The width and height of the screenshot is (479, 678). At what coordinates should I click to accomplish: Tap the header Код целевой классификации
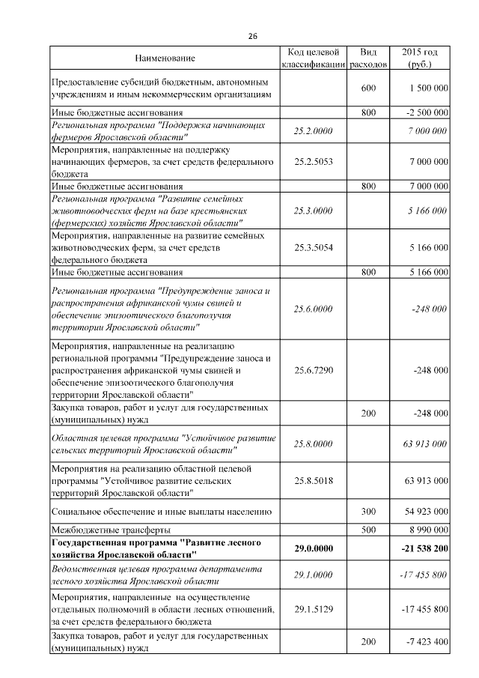[x=314, y=58]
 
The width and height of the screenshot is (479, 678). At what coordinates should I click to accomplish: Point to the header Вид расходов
[x=368, y=58]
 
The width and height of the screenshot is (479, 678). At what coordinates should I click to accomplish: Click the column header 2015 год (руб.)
[x=420, y=58]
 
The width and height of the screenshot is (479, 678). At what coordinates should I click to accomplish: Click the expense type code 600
[x=368, y=88]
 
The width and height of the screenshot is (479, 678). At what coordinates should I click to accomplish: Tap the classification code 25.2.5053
[x=314, y=161]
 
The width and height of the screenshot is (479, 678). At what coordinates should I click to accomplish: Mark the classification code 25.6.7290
[x=314, y=369]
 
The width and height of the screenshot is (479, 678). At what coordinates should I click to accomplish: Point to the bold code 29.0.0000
[x=314, y=548]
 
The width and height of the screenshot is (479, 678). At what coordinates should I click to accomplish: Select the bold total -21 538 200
[x=423, y=548]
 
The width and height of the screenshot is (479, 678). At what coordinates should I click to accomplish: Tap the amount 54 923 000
[x=426, y=511]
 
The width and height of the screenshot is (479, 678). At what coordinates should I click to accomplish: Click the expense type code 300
[x=368, y=511]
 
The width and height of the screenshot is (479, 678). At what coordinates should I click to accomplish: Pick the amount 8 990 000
[x=427, y=530]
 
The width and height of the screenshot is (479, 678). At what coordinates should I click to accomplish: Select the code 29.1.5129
[x=314, y=609]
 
